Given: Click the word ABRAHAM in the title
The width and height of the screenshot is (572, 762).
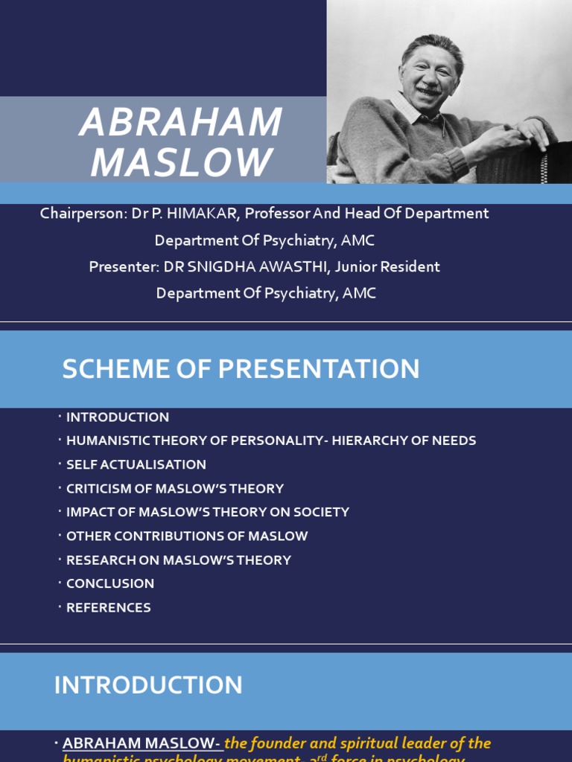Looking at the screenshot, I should click(181, 123).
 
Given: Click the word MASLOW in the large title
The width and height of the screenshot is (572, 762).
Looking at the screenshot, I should click(181, 162).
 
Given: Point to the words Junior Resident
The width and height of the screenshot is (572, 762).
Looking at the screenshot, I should click(393, 266).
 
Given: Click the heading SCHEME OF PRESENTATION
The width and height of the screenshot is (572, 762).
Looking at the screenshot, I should click(241, 369).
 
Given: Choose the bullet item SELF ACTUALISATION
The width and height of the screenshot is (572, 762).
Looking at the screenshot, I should click(136, 464).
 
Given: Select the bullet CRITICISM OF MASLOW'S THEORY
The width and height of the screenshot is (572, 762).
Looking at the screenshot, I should click(174, 488).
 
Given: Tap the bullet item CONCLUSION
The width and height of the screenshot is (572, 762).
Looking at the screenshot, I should click(110, 583).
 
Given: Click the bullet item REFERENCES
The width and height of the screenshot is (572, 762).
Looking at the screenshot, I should click(108, 607).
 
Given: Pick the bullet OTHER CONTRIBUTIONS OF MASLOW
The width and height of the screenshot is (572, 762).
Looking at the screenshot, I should click(186, 536).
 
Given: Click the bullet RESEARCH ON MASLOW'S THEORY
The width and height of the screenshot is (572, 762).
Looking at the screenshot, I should click(178, 560).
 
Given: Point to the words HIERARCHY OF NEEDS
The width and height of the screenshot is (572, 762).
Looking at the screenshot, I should click(404, 441).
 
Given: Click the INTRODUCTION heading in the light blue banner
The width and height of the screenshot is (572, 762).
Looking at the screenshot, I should click(148, 685).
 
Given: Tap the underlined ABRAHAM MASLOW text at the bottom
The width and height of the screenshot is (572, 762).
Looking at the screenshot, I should click(142, 743).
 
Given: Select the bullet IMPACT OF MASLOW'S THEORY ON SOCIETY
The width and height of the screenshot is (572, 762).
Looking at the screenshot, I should click(207, 512).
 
